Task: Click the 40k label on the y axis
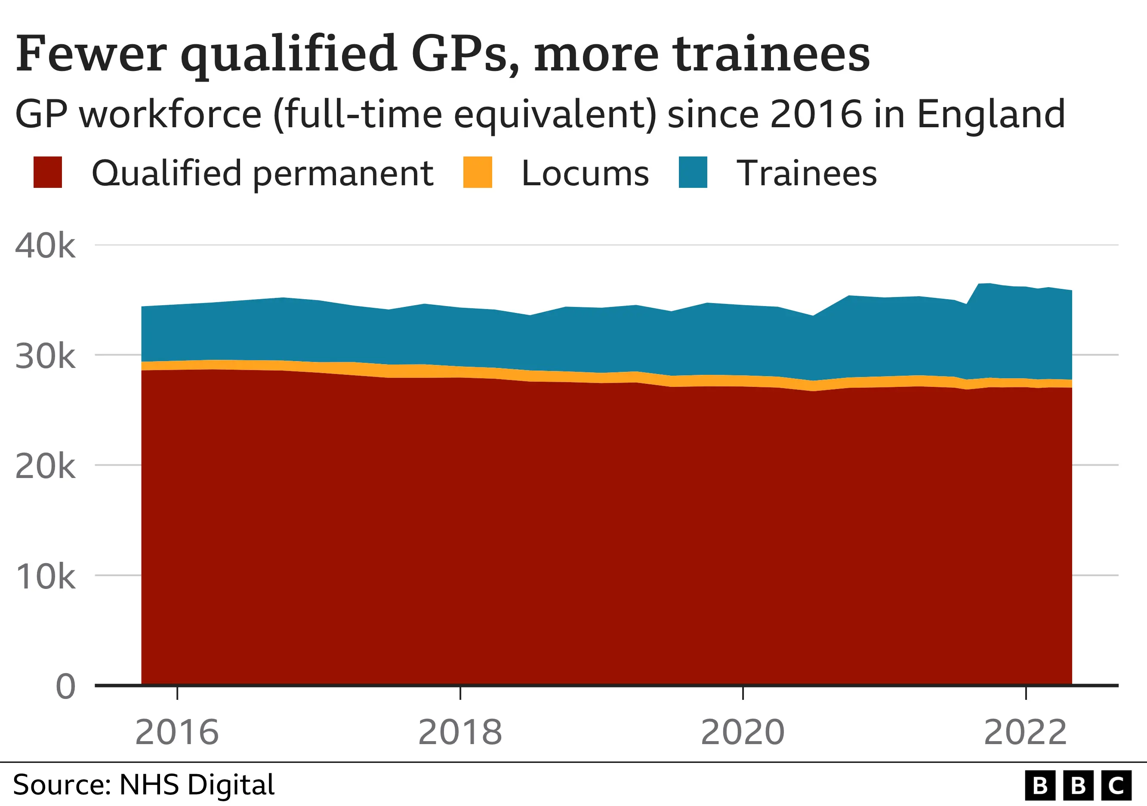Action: click(x=45, y=245)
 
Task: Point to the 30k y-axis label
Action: click(x=45, y=356)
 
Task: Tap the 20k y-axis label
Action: click(x=45, y=466)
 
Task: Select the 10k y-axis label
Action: click(x=45, y=576)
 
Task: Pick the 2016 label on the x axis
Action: click(x=177, y=732)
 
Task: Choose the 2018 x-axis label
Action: click(x=459, y=732)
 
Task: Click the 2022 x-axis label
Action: click(x=1025, y=732)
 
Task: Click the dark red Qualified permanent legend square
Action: click(x=47, y=172)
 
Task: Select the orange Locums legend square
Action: click(x=478, y=172)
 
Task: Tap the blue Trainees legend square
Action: click(x=693, y=172)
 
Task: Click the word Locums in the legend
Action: click(x=585, y=174)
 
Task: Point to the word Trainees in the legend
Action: click(x=806, y=174)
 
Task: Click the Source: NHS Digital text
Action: click(x=143, y=785)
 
